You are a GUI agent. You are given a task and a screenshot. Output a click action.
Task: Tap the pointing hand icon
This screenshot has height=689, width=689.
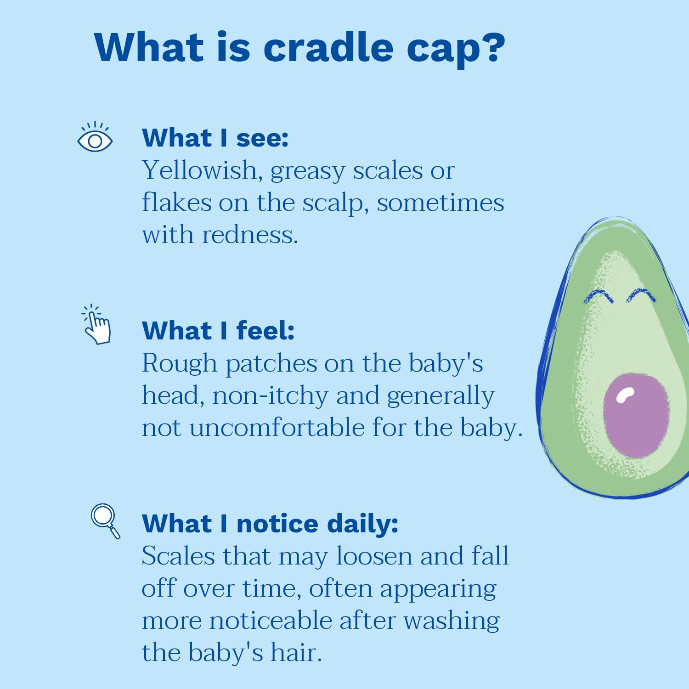pyautogui.click(x=97, y=324)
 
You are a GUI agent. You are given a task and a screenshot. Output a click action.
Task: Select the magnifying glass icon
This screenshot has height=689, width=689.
pyautogui.click(x=105, y=521)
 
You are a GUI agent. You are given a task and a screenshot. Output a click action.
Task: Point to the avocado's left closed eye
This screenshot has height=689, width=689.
pyautogui.click(x=599, y=296)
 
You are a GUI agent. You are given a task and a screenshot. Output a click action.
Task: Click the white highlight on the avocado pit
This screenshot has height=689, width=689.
pyautogui.click(x=625, y=395)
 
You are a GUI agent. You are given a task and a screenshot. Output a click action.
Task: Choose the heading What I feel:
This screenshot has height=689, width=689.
pyautogui.click(x=218, y=331)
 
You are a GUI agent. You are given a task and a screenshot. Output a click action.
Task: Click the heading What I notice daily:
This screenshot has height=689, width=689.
pyautogui.click(x=270, y=524)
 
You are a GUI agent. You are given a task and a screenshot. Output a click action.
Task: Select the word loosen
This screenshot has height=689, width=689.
pyautogui.click(x=374, y=556)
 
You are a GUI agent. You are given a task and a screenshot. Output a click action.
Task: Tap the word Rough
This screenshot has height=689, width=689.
pyautogui.click(x=180, y=364)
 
